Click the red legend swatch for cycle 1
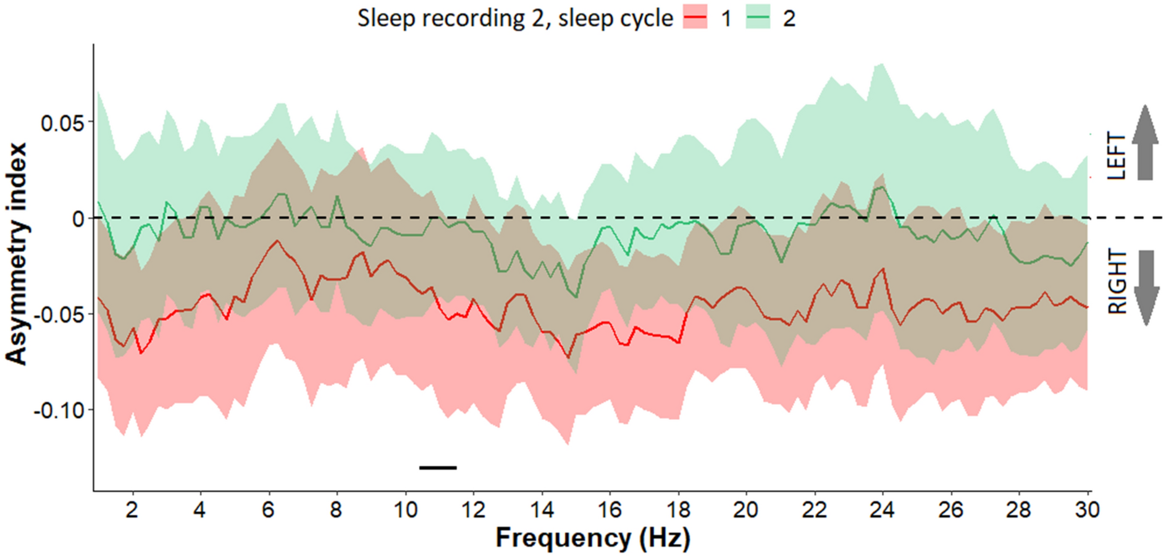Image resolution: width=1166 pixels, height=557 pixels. [694, 19]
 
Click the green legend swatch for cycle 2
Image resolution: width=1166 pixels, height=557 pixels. [757, 19]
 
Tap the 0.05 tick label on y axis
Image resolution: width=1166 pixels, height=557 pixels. [62, 123]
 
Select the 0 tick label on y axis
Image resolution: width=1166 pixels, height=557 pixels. [78, 219]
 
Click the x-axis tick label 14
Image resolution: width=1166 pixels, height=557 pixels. [542, 510]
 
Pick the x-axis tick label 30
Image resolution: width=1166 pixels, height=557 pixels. [1087, 510]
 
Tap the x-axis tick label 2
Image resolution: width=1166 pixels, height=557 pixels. [132, 510]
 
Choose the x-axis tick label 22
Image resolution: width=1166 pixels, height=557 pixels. [814, 510]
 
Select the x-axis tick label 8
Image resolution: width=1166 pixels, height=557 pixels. [336, 510]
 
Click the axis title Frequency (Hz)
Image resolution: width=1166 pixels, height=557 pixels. [592, 538]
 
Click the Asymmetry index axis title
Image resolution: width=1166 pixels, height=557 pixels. [17, 253]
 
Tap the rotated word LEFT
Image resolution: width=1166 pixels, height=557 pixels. [1117, 155]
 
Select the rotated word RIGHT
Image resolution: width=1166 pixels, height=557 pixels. [1117, 282]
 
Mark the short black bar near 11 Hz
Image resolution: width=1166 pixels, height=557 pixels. [438, 468]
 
